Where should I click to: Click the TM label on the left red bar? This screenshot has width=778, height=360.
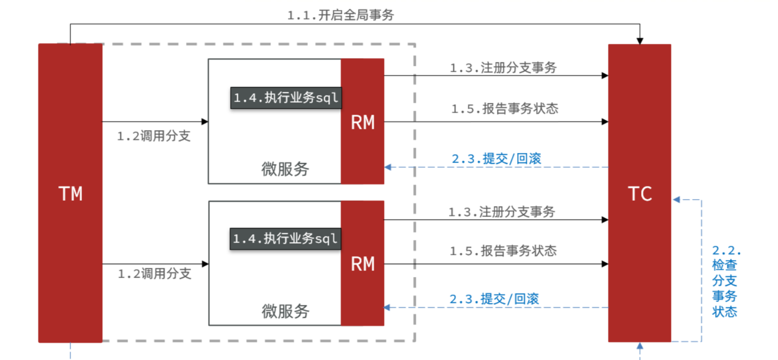[x=70, y=194]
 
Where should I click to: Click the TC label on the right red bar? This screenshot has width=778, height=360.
[x=640, y=194]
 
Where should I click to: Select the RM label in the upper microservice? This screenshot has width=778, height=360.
[x=363, y=123]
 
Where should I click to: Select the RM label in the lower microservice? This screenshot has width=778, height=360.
[x=363, y=264]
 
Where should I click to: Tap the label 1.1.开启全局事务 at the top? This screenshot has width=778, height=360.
[x=341, y=16]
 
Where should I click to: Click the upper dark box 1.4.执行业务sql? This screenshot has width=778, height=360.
[x=286, y=98]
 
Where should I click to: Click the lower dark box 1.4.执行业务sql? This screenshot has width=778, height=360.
[x=286, y=239]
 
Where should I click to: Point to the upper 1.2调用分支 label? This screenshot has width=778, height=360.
[x=154, y=137]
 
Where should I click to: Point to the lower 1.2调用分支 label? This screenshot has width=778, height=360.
[x=154, y=274]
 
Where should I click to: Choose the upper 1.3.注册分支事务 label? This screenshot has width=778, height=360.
[x=503, y=68]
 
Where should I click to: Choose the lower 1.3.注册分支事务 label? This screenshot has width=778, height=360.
[x=501, y=212]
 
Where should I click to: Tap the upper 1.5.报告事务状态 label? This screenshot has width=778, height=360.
[x=505, y=109]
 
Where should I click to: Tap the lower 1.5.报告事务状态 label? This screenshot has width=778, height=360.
[x=503, y=251]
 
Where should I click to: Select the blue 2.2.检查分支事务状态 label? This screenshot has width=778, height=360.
[x=726, y=281]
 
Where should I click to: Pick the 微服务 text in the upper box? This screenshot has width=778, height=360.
[x=286, y=169]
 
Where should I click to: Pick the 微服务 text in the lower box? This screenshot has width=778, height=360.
[x=286, y=311]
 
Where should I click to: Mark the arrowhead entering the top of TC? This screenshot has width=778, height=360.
[x=639, y=41]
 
